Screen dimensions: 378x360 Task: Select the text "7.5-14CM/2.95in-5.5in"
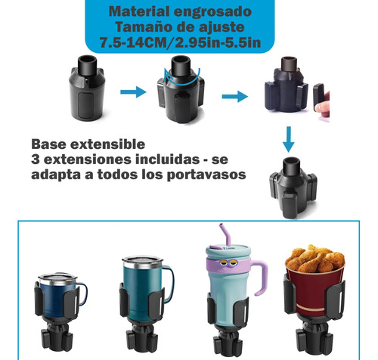tap(180, 42)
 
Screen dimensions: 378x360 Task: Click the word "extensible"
tap(107, 144)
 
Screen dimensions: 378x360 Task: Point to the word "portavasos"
tap(206, 175)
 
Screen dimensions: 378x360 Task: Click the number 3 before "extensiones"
tap(36, 160)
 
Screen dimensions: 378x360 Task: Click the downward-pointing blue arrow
tap(289, 139)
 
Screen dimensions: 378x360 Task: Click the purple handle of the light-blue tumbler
tap(262, 277)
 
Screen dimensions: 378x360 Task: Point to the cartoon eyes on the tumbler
tap(226, 262)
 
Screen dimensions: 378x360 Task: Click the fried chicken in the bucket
tap(314, 259)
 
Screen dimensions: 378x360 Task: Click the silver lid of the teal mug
tap(142, 262)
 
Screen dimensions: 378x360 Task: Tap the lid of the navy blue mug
tap(58, 278)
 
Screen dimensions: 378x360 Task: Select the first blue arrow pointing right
tap(133, 92)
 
